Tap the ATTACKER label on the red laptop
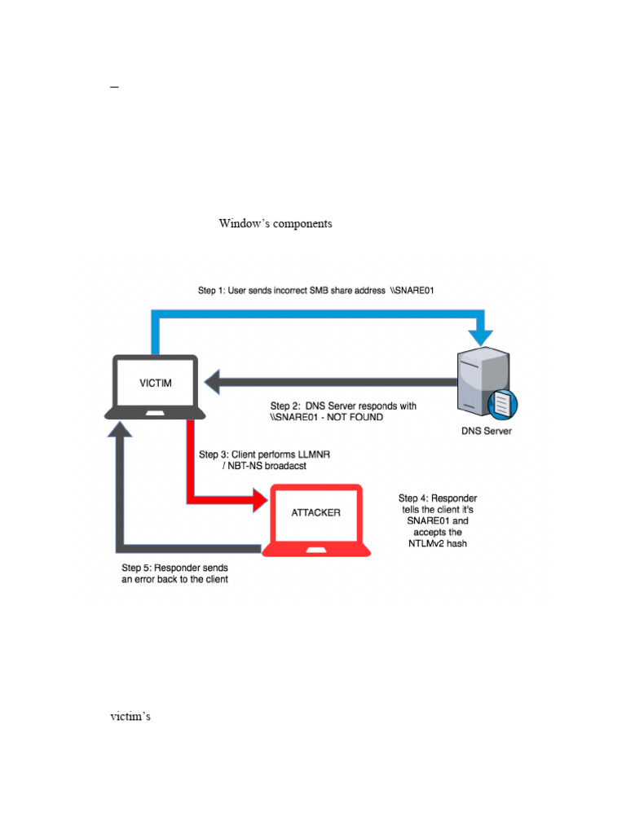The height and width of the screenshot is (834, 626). coord(315,512)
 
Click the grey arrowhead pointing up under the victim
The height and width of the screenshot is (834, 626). coord(122,432)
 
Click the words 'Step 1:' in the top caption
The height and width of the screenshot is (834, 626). coord(214,290)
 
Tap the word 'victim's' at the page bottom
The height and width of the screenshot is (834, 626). coord(130,718)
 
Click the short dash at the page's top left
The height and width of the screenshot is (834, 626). coord(114,86)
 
